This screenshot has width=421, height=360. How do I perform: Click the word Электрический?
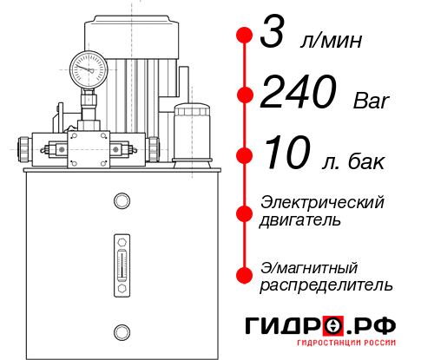(x=322, y=202)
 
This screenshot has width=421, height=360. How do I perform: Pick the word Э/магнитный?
(x=309, y=266)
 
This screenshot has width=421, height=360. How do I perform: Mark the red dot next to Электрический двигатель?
(x=246, y=212)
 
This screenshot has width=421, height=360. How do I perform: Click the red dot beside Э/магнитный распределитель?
(x=246, y=274)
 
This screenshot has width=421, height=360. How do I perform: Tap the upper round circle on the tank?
(x=121, y=201)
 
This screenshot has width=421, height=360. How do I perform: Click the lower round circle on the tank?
(x=121, y=331)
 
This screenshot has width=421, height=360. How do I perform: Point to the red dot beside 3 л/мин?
(x=246, y=36)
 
